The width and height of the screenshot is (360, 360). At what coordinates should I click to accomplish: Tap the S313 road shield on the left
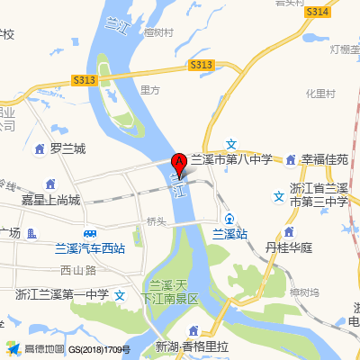[x=84, y=80]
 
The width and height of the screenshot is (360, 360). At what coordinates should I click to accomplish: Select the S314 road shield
[x=316, y=12]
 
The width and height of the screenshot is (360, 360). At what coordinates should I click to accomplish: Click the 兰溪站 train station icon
[x=230, y=219]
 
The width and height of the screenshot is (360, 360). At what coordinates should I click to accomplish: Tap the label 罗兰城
[x=67, y=148]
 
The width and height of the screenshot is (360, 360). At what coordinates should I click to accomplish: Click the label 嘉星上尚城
[x=50, y=200]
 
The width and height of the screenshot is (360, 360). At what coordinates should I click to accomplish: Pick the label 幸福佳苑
[x=325, y=159]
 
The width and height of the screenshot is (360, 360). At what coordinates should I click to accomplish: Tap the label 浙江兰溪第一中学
[x=62, y=293]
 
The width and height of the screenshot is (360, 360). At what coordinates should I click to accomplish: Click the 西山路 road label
[x=77, y=269]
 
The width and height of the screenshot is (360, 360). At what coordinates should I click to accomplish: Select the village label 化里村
[x=319, y=93]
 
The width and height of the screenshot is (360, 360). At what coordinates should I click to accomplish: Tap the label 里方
[x=150, y=90]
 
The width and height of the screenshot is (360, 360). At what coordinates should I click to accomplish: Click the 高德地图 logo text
[x=44, y=348]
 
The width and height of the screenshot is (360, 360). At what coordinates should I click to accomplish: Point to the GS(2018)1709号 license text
[x=100, y=348]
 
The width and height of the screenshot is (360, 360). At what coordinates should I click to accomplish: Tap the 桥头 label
[x=157, y=220]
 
